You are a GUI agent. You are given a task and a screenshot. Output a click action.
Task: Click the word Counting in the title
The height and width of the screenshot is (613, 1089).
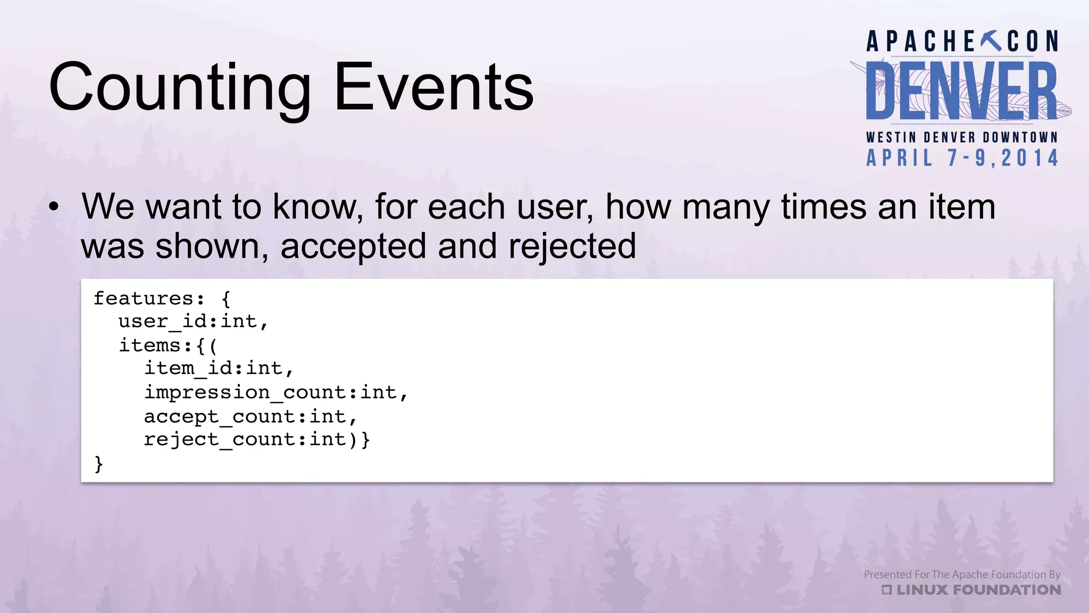pyautogui.click(x=180, y=88)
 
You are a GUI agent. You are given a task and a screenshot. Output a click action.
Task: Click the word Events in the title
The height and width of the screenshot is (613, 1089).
pyautogui.click(x=433, y=88)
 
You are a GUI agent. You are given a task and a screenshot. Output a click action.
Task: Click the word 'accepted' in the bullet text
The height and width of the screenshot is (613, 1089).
pyautogui.click(x=353, y=246)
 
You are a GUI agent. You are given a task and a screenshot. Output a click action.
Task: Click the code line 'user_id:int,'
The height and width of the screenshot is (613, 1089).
pyautogui.click(x=193, y=321)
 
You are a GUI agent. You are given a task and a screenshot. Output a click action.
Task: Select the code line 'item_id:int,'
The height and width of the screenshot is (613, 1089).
pyautogui.click(x=219, y=368)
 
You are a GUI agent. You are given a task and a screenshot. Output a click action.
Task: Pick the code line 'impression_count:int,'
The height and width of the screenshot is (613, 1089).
pyautogui.click(x=276, y=392)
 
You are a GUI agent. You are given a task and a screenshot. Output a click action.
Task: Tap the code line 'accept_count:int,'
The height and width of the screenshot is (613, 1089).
pyautogui.click(x=250, y=416)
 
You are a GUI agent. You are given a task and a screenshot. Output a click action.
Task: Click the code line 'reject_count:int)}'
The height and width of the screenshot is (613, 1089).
pyautogui.click(x=257, y=440)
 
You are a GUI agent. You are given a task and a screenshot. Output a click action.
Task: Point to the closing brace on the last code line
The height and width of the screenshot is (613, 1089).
pyautogui.click(x=98, y=464)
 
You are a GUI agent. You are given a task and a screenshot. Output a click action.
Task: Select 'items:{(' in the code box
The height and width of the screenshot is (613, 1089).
pyautogui.click(x=168, y=345)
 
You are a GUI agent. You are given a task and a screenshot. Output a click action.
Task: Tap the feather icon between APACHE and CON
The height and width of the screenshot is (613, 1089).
pyautogui.click(x=991, y=41)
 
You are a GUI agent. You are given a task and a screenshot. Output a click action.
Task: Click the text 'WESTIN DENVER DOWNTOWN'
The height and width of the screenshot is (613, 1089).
pyautogui.click(x=961, y=137)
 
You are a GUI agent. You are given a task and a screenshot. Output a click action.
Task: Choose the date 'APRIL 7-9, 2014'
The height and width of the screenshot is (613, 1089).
pyautogui.click(x=961, y=158)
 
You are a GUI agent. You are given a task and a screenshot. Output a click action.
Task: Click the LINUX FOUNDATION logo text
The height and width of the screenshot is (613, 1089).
pyautogui.click(x=977, y=590)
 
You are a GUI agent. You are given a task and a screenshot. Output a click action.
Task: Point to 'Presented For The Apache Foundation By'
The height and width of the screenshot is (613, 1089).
pyautogui.click(x=961, y=574)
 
